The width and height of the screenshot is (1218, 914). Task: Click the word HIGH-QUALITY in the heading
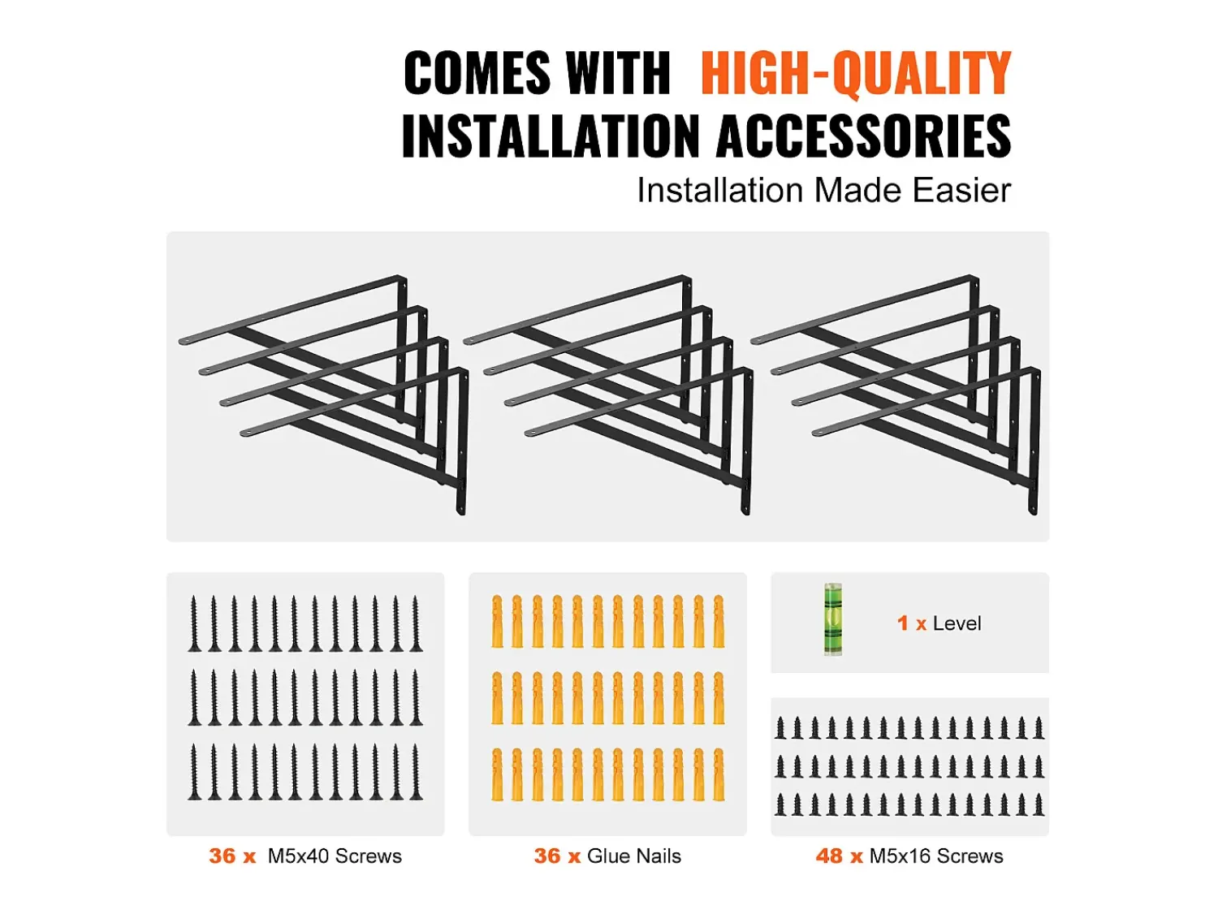coord(856,73)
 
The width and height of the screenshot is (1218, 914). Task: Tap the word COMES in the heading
coord(477,73)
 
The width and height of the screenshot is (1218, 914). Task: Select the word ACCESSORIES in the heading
coord(863,136)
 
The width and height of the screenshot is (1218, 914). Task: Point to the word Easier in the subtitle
coord(961,190)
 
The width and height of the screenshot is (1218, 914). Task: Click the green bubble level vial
coord(832,619)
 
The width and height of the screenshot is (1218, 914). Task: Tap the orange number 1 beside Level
coord(902,623)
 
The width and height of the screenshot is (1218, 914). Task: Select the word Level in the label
coord(957,623)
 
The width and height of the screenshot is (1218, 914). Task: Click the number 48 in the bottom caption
coord(829,856)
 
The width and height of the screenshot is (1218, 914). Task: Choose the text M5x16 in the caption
coord(900,856)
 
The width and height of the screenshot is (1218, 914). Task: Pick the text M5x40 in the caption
coord(299,856)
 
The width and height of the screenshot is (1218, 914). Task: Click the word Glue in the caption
coord(610,856)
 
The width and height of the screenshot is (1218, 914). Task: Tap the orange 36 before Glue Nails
coord(547,856)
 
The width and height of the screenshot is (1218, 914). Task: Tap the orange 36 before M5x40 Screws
coord(222,856)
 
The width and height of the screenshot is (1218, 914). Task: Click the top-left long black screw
coord(194,623)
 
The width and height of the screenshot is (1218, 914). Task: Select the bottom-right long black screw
coord(416,771)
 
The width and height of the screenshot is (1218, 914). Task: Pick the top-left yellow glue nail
coord(497,621)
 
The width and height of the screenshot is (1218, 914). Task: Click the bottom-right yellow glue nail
coord(719,775)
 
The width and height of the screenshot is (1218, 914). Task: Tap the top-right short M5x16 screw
coord(1039,728)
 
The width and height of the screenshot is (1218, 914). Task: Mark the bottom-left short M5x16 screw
coord(781,804)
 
